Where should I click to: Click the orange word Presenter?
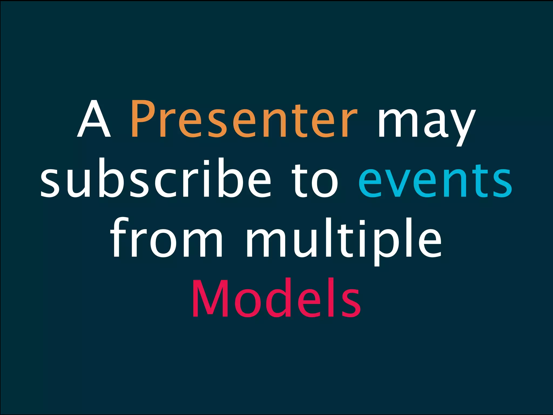click(x=244, y=119)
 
